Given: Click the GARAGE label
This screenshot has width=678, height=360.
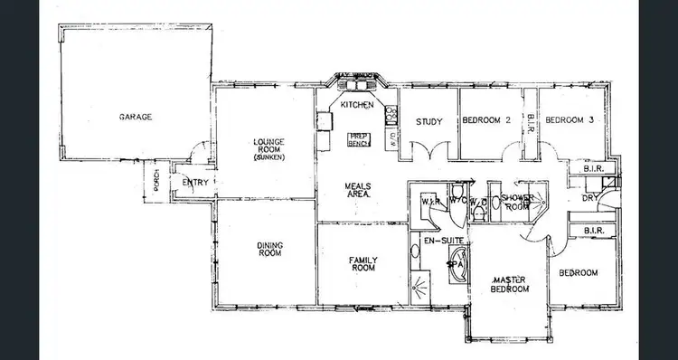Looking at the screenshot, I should (134, 118).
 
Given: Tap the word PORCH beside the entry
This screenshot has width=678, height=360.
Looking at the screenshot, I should (157, 181).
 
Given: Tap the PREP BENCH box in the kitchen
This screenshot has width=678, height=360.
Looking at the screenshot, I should (361, 138).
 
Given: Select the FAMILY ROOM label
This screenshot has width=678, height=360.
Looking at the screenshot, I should (363, 263).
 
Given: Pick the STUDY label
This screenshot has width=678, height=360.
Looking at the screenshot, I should (428, 122).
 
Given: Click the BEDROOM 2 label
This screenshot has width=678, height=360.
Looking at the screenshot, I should (487, 121).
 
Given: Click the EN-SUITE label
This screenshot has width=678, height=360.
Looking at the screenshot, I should (429, 242).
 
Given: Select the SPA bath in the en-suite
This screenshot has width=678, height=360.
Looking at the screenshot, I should (457, 268).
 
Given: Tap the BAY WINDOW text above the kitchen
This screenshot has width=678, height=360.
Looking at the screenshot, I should (354, 75).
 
